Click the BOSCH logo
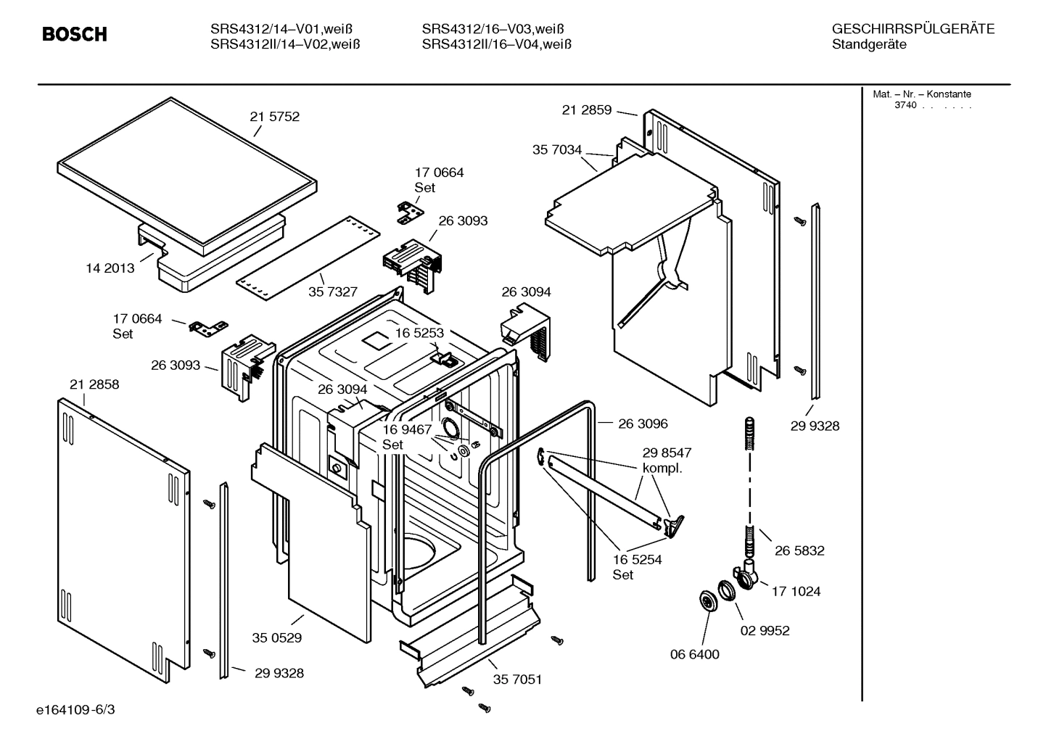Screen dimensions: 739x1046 point(74,34)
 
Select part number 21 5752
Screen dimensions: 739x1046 point(274,117)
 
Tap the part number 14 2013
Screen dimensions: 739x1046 point(110,268)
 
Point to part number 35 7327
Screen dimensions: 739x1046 point(333,292)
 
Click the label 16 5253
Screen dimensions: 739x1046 point(419,333)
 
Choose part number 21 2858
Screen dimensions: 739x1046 point(94,384)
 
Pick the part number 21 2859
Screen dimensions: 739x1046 point(586,110)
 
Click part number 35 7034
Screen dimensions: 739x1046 point(557,150)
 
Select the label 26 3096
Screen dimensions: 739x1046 point(643,424)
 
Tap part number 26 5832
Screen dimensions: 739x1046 point(799,550)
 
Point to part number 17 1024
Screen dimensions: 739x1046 point(796,592)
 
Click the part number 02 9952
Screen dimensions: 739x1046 point(765,630)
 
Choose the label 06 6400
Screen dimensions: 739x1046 point(694,654)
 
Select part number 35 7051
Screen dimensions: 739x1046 point(517,680)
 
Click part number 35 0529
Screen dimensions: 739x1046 point(276,638)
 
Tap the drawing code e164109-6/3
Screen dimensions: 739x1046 point(75,709)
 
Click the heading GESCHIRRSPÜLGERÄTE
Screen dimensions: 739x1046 point(913,29)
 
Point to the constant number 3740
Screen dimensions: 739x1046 point(905,106)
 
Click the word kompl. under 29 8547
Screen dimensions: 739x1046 point(662,468)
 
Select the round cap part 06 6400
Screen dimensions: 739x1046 point(706,600)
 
